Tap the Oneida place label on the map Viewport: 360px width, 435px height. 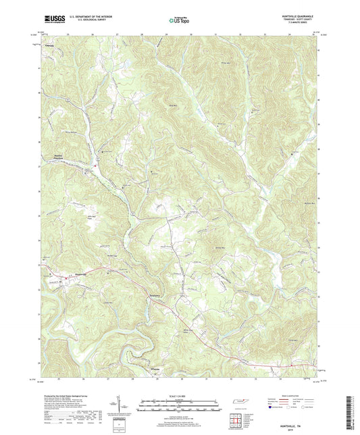click(49, 46)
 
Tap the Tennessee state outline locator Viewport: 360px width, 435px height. click(241, 403)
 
